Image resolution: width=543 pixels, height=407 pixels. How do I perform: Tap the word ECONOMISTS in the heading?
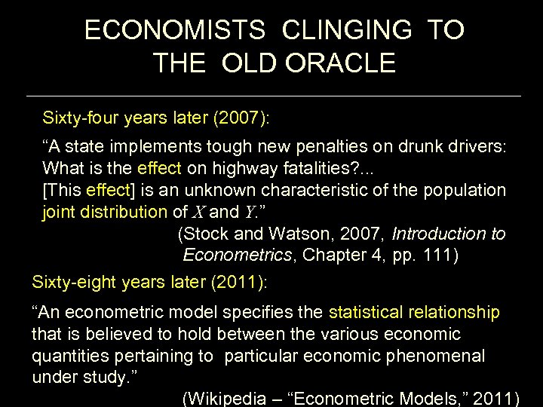coord(174,30)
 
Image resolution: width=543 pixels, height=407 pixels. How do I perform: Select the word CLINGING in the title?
coord(348,30)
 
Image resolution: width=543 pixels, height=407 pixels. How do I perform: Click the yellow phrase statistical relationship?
coord(414,312)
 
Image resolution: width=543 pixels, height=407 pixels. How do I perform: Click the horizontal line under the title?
coord(273,96)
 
